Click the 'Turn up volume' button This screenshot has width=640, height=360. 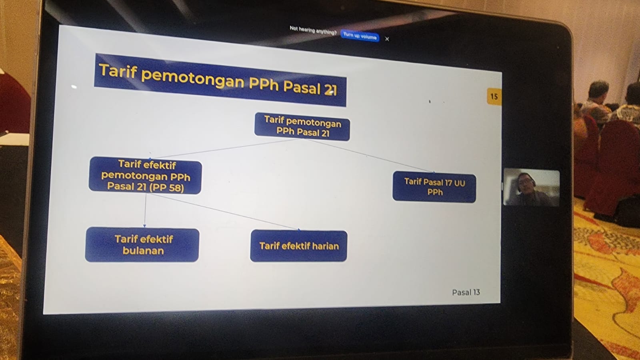click(x=360, y=36)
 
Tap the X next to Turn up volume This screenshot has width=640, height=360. click(x=387, y=39)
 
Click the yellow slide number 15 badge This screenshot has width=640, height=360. click(x=494, y=96)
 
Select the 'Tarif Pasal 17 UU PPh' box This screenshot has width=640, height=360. click(x=434, y=187)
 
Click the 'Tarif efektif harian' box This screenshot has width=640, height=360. click(x=299, y=246)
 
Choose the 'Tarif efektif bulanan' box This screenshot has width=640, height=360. click(x=142, y=245)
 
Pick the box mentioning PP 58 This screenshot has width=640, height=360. click(x=146, y=176)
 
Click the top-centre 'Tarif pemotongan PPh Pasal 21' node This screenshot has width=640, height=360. click(x=302, y=126)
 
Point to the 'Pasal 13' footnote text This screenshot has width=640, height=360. click(x=466, y=292)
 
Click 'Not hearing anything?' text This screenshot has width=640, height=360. click(x=313, y=30)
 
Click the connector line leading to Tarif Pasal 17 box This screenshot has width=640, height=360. click(x=372, y=156)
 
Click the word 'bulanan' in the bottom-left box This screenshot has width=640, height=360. click(x=143, y=251)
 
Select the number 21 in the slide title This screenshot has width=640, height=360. click(x=330, y=90)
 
